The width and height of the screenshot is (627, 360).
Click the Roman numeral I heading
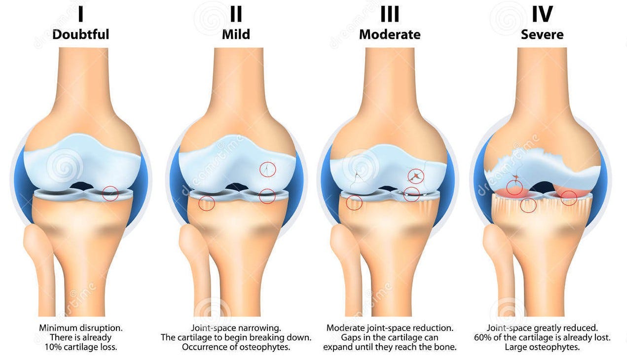pyautogui.click(x=80, y=14)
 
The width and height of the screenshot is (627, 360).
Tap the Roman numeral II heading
pyautogui.click(x=236, y=14)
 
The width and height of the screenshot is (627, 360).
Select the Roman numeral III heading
pyautogui.click(x=390, y=14)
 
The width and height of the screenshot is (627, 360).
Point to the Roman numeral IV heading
pyautogui.click(x=542, y=14)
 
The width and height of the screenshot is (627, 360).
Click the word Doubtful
pyautogui.click(x=80, y=35)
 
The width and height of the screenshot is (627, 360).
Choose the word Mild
pyautogui.click(x=236, y=35)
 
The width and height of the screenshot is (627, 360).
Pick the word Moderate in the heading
pyautogui.click(x=390, y=35)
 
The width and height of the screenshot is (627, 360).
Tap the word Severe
pyautogui.click(x=542, y=35)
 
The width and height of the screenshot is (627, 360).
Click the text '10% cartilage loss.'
pyautogui.click(x=80, y=347)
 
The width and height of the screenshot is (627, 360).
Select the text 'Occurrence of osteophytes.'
pyautogui.click(x=236, y=347)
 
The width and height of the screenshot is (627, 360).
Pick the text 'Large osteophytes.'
pyautogui.click(x=542, y=347)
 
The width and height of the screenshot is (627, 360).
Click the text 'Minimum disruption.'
pyautogui.click(x=80, y=328)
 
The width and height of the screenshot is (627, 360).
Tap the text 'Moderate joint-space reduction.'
pyautogui.click(x=390, y=328)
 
